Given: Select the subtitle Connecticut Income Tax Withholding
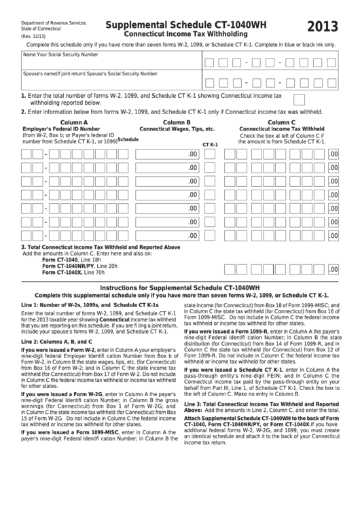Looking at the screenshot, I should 179,34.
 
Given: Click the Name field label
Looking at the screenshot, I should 61,54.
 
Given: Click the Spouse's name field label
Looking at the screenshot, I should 90,73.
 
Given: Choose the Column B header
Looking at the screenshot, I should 177,122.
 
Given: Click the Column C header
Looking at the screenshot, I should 281,122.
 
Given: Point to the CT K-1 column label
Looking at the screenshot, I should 211,145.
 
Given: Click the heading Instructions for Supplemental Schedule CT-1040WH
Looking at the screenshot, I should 181,288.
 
